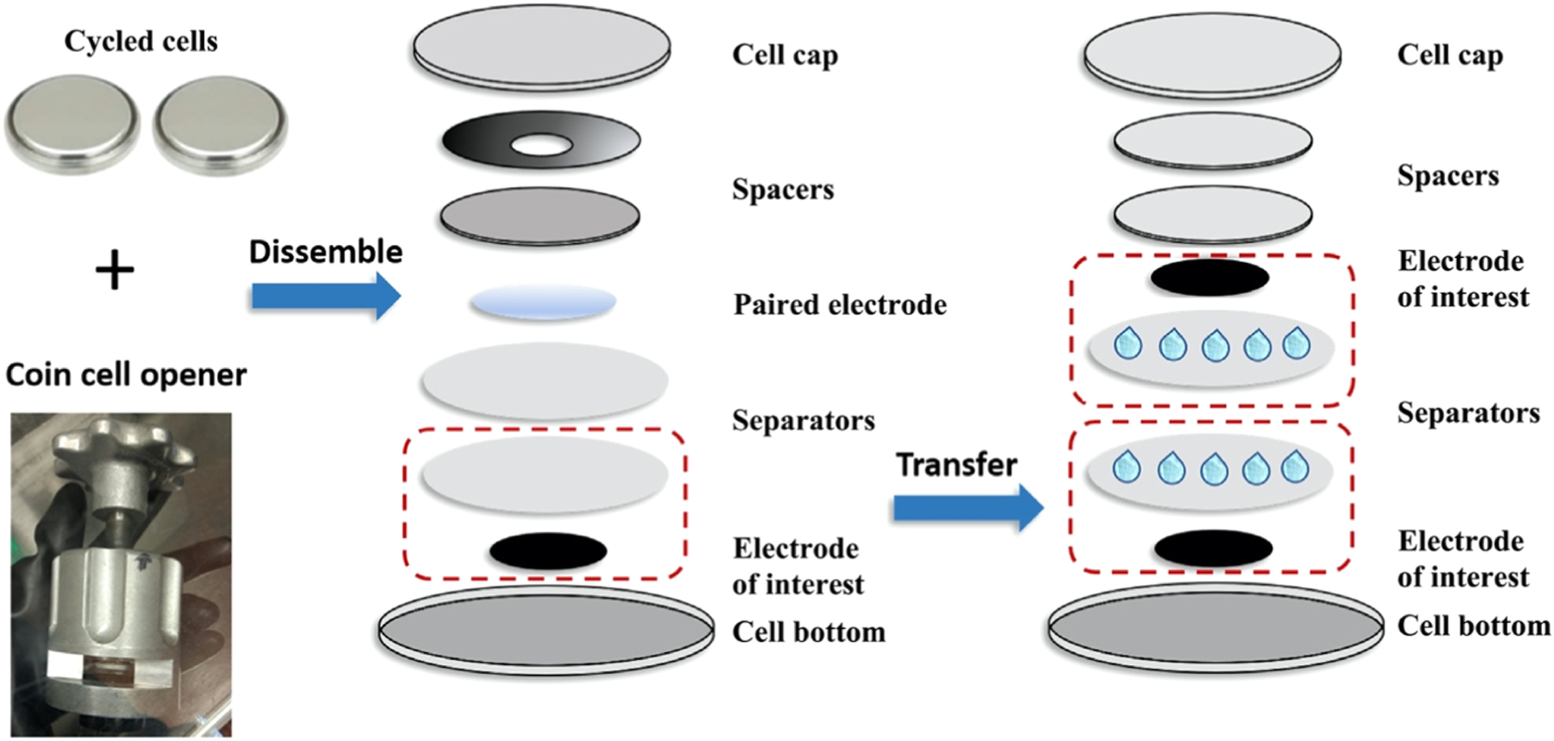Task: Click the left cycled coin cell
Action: pos(73,124)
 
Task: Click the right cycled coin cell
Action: pos(219,125)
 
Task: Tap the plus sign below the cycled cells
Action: pos(114,271)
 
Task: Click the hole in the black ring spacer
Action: pos(540,146)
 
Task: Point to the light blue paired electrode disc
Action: pos(543,303)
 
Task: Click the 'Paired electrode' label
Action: pos(839,305)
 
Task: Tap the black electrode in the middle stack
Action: pos(547,551)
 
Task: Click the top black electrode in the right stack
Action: pos(1209,278)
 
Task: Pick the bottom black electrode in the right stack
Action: pos(1212,548)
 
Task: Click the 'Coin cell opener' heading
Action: pos(126,375)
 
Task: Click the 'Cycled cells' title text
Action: pos(141,41)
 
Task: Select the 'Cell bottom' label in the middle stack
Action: pos(808,633)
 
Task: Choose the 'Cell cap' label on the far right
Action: pos(1449,55)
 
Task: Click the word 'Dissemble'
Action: pos(325,252)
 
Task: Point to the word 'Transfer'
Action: pos(956,465)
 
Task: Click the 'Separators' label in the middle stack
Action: pos(803,420)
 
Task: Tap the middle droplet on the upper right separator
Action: pos(1214,346)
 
